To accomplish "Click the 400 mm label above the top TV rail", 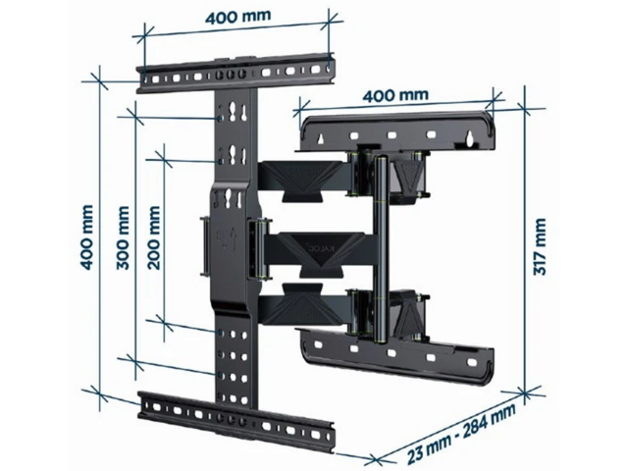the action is coord(238,17).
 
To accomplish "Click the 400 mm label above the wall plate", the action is coord(395,96).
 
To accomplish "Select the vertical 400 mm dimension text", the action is coord(87,237).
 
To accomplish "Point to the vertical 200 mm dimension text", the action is coord(154,237).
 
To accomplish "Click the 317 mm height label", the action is coord(540,246).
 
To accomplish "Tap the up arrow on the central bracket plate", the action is coord(235,239).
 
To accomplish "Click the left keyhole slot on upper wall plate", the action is coord(321,138).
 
